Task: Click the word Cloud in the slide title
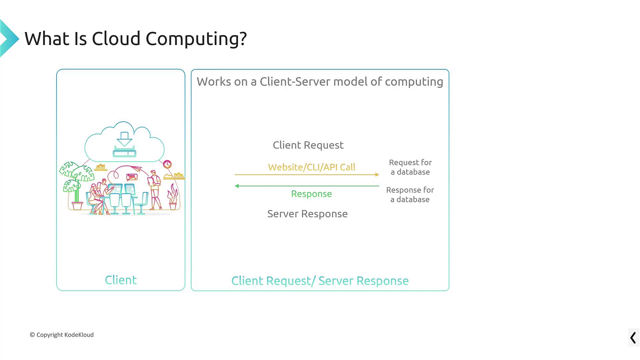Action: pyautogui.click(x=116, y=39)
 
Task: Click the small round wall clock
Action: pyautogui.click(x=167, y=164)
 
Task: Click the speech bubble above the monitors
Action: pyautogui.click(x=132, y=177)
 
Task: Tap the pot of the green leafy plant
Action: pyautogui.click(x=77, y=206)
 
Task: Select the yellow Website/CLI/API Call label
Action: pyautogui.click(x=312, y=167)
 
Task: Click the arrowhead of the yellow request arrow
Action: pyautogui.click(x=377, y=175)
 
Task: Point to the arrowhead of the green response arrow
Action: pyautogui.click(x=237, y=186)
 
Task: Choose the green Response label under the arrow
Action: pyautogui.click(x=311, y=194)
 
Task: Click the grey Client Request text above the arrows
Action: pyautogui.click(x=308, y=145)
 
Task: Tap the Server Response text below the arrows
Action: pyautogui.click(x=307, y=214)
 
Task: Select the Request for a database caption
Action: pyautogui.click(x=410, y=167)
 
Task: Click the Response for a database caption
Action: pyautogui.click(x=410, y=195)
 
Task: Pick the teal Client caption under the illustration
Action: pyautogui.click(x=121, y=280)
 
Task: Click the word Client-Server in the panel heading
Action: pyautogui.click(x=295, y=82)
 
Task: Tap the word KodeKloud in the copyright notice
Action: pyautogui.click(x=79, y=335)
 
